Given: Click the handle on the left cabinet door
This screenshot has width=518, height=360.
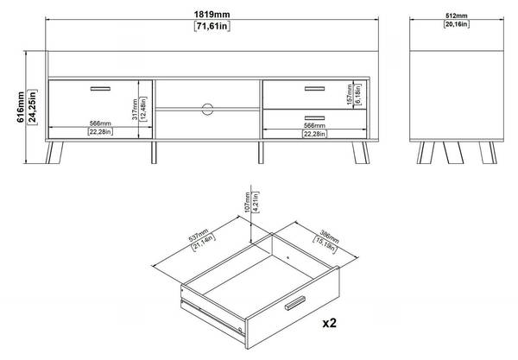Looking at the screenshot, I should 100,87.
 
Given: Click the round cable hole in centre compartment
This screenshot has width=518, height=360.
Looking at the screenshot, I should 207,109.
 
